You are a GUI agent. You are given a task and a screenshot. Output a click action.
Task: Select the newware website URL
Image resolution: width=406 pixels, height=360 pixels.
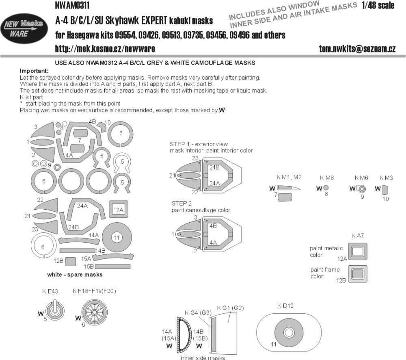[x=104, y=49]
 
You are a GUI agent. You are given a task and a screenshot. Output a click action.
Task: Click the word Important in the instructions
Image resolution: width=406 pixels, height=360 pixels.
[x=34, y=70]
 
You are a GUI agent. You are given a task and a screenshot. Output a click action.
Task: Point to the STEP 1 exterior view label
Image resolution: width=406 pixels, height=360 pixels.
[x=199, y=144]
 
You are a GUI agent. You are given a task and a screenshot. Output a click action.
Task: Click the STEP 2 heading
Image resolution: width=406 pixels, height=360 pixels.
[x=181, y=204]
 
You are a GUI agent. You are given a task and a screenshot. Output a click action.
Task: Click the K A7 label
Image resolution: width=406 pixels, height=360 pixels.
[x=357, y=236]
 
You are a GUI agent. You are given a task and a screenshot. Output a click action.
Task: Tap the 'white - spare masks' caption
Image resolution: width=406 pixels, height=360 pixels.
[x=75, y=275]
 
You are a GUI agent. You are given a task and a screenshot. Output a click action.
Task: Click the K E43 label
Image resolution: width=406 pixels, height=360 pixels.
[x=50, y=291]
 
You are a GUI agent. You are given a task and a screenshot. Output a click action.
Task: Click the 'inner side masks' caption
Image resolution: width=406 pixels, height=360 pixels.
[x=201, y=358]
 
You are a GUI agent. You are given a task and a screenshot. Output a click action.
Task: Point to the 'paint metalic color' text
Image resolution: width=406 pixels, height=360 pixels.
[x=326, y=252]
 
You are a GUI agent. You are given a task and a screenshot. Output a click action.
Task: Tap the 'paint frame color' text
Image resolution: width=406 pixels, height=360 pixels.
[x=325, y=273]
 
